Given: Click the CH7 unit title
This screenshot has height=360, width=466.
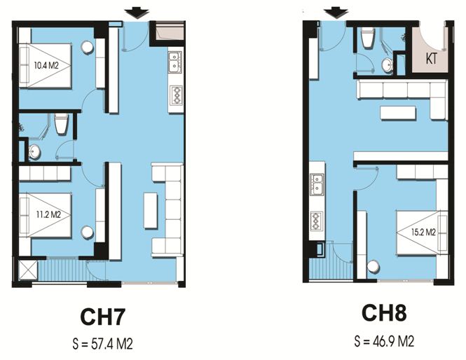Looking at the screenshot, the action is pyautogui.click(x=102, y=317).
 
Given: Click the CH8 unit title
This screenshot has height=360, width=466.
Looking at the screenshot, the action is pyautogui.click(x=384, y=313).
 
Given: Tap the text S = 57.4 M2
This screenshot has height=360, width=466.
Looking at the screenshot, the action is pyautogui.click(x=102, y=344).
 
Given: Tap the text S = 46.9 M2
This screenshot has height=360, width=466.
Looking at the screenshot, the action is pyautogui.click(x=384, y=341).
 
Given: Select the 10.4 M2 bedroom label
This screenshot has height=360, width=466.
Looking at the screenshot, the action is pyautogui.click(x=46, y=65).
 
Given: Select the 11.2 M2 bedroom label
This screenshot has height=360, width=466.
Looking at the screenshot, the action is pyautogui.click(x=49, y=214).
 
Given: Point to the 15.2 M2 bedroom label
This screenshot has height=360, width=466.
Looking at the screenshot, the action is pyautogui.click(x=423, y=232).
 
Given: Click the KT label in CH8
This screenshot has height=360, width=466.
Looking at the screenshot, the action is pyautogui.click(x=432, y=59).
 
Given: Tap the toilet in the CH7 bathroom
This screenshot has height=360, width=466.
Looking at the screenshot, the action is pyautogui.click(x=62, y=124).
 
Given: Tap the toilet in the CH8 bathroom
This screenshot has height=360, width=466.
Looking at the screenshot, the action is pyautogui.click(x=368, y=38).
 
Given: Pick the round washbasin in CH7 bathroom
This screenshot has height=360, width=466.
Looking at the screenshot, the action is pyautogui.click(x=34, y=152).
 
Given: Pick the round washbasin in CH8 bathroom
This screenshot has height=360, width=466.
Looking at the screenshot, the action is pyautogui.click(x=388, y=65).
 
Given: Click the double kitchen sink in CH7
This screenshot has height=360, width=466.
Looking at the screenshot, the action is pyautogui.click(x=174, y=62).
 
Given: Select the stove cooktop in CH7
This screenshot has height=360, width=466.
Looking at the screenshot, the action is pyautogui.click(x=176, y=95).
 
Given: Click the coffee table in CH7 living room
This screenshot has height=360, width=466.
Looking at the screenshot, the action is pyautogui.click(x=151, y=210).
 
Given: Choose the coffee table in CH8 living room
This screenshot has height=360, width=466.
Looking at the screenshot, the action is pyautogui.click(x=398, y=113).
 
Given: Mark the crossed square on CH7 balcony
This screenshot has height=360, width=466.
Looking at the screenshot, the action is pyautogui.click(x=27, y=270).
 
